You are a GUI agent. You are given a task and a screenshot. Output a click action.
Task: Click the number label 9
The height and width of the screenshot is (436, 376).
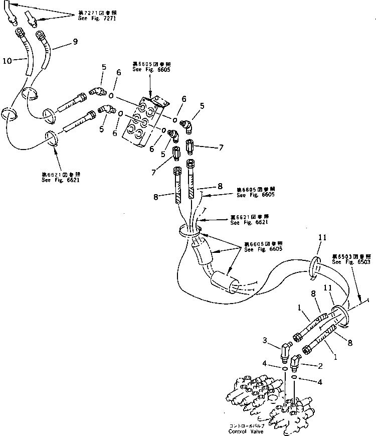75,43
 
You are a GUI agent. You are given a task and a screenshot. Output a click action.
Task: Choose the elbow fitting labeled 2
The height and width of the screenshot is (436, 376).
295,360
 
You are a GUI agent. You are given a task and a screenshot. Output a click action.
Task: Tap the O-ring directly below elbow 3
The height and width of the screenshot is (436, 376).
284,370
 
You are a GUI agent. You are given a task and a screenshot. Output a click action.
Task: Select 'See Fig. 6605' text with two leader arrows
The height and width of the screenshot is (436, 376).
263,249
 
